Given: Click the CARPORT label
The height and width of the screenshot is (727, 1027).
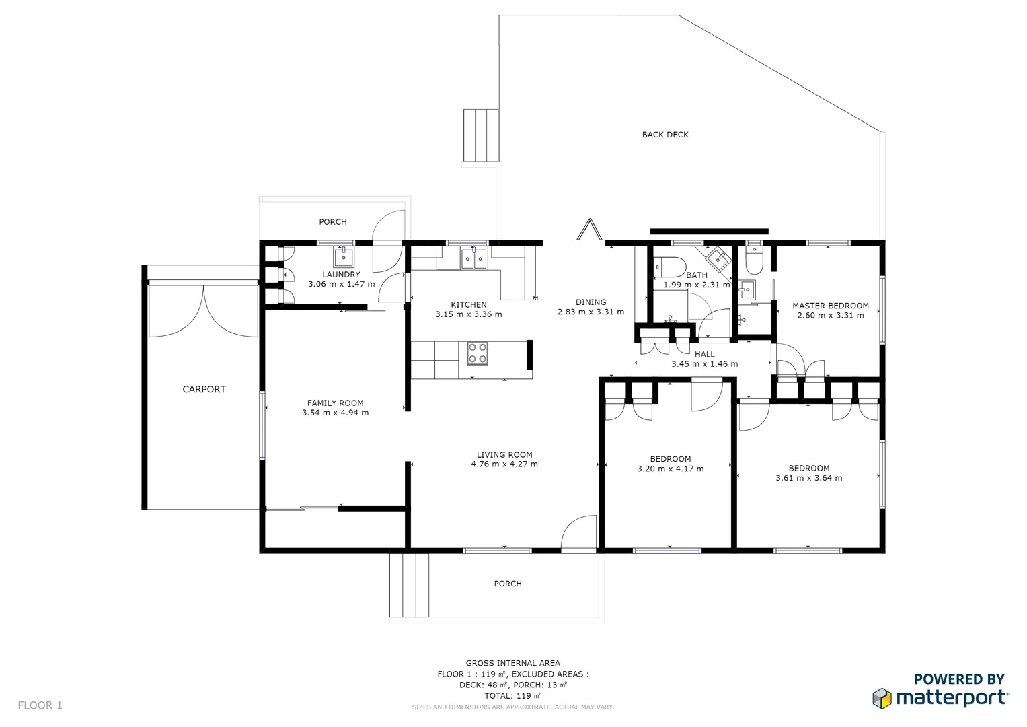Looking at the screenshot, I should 204,389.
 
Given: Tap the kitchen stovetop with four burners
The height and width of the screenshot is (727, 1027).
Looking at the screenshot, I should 478,353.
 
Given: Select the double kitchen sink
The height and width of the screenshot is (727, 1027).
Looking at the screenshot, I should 473,258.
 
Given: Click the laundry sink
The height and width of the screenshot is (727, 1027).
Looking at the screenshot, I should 344,257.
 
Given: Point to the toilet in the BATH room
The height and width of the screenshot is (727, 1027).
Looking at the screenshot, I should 670,267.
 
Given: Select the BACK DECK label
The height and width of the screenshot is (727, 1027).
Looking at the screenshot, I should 664,135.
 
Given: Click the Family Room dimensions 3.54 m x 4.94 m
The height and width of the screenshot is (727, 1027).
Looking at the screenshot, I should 335,413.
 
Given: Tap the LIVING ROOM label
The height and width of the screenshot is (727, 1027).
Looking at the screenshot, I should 504,455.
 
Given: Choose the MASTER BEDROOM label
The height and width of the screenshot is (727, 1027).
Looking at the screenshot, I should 830,306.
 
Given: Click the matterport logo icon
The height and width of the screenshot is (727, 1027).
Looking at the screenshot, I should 882,698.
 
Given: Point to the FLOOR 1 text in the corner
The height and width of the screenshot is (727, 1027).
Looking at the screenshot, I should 40,705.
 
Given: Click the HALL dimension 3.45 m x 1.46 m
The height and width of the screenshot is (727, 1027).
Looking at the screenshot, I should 704,364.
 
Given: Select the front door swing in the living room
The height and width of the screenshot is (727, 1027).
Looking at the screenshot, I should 578,532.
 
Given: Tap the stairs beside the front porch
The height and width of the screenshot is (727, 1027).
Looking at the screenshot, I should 409,584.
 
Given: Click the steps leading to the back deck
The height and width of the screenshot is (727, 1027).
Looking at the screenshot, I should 480,135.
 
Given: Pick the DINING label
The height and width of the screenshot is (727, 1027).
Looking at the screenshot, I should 591,302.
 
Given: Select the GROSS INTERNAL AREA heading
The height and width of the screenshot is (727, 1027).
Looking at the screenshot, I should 512,663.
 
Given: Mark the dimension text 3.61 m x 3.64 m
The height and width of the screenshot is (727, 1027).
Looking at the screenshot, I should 808,478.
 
